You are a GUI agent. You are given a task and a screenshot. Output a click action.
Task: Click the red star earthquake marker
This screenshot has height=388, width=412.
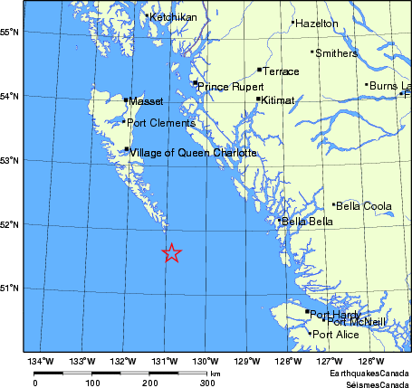pyautogui.click(x=172, y=254)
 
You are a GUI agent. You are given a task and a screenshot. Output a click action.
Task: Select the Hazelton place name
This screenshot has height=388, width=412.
pyautogui.click(x=317, y=24)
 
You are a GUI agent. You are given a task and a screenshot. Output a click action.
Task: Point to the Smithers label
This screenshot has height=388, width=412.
pyautogui.click(x=337, y=53)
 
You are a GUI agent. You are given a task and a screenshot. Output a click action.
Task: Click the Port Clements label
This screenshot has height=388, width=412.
pyautogui.click(x=160, y=123)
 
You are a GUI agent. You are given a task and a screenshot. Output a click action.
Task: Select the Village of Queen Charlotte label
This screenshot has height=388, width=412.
pyautogui.click(x=193, y=154)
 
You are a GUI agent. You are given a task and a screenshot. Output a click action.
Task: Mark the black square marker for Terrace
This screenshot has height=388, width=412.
pyautogui.click(x=260, y=70)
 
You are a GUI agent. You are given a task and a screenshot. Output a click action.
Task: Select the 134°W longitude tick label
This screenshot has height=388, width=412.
pyautogui.click(x=40, y=362)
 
